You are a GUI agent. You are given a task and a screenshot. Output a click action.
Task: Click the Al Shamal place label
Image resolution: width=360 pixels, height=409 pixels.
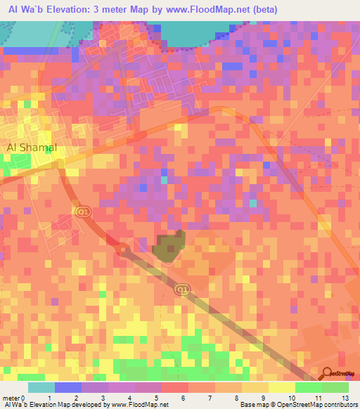coord(31,148)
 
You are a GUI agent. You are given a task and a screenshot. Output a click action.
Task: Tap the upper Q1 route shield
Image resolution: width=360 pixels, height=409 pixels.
coord(83,211)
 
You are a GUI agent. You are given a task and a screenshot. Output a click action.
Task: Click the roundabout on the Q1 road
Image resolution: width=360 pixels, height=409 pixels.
coord(124,248)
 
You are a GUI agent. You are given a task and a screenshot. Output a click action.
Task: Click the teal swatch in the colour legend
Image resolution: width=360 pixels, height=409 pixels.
coord(41,387)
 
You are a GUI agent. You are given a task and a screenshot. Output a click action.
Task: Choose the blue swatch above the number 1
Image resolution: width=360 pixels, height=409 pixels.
coord(68,387)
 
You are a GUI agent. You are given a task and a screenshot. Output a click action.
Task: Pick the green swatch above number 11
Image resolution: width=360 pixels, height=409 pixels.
coord(309,387)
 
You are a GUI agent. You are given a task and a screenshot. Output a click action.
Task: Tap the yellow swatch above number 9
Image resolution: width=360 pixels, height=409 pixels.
coord(255,387)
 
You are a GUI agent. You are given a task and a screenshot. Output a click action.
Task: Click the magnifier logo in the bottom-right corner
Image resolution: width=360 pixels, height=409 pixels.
coord(327,374)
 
